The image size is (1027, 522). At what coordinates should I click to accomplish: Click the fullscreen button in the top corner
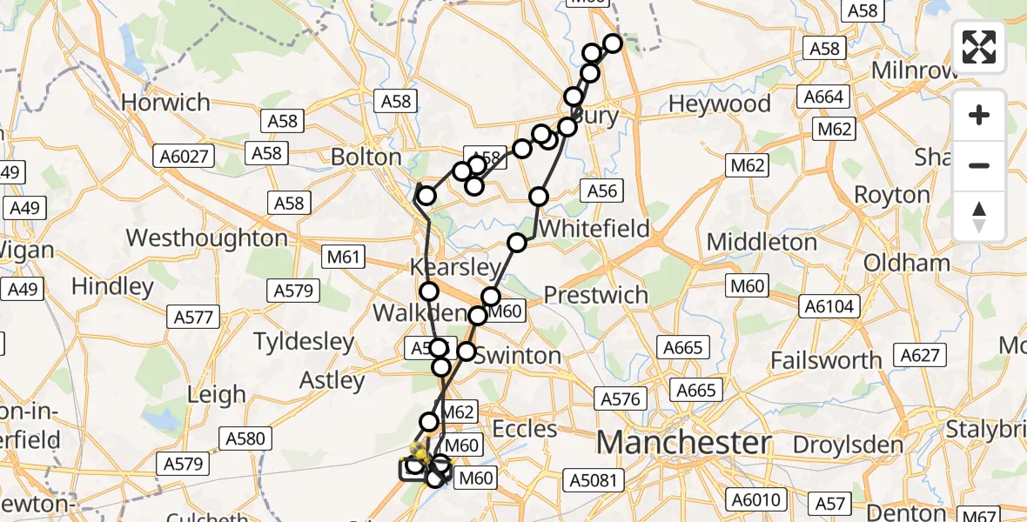[x=979, y=47]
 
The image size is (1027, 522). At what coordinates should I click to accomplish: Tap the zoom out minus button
[x=979, y=165]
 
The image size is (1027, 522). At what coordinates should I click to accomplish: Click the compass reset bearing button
[x=979, y=216]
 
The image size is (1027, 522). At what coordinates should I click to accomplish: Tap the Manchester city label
[x=683, y=442]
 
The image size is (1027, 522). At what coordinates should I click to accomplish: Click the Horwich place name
[x=165, y=103]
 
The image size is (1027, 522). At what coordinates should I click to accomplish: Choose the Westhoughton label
[x=206, y=238]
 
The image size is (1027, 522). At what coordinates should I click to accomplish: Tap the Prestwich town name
[x=596, y=295]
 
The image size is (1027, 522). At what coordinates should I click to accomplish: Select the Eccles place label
[x=524, y=428]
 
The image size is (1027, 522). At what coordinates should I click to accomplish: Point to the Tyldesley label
[x=304, y=342]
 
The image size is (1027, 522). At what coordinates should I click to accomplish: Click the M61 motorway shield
[x=343, y=257]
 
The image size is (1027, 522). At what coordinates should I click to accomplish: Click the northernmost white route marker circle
[x=613, y=43]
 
